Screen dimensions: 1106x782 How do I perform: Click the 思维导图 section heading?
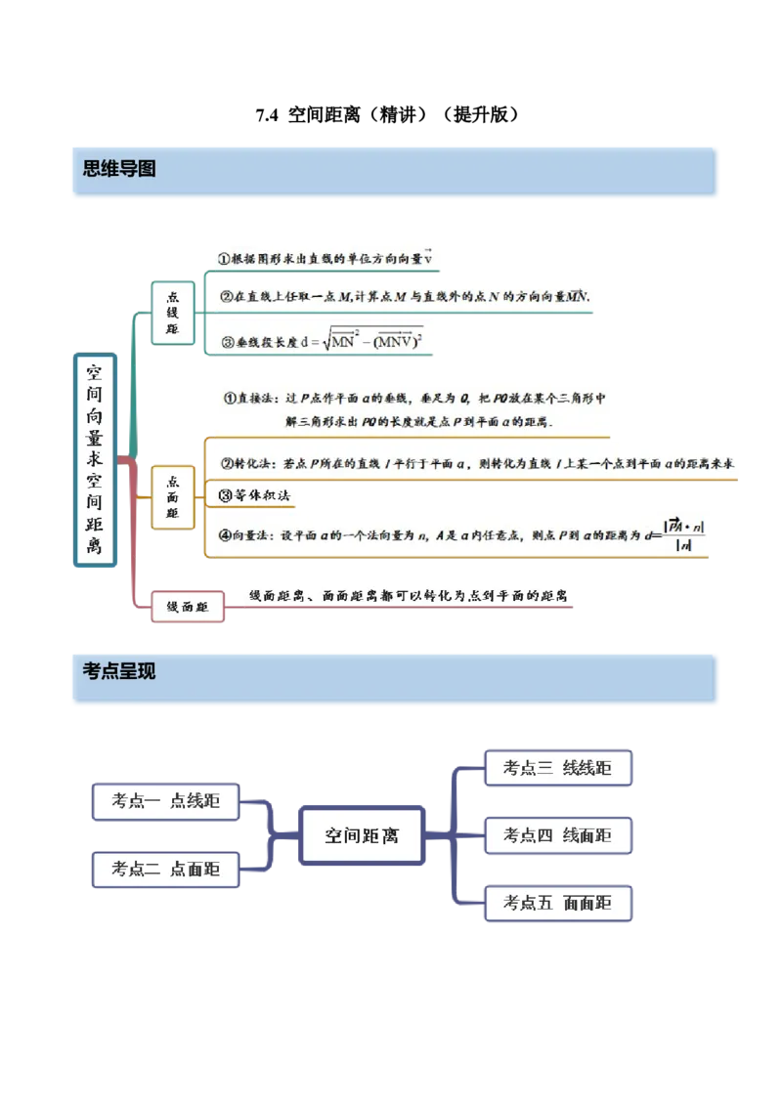pyautogui.click(x=118, y=169)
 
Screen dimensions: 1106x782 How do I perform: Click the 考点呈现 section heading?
pyautogui.click(x=118, y=671)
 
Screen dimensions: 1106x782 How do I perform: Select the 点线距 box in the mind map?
pyautogui.click(x=173, y=313)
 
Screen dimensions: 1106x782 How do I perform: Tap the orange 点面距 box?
pyautogui.click(x=173, y=497)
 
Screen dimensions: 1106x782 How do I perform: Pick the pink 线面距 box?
pyautogui.click(x=188, y=607)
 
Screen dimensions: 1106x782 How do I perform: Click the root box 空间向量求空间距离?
pyautogui.click(x=94, y=459)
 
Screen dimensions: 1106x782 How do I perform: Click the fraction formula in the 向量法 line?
pyautogui.click(x=683, y=535)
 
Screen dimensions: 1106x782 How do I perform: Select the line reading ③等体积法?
pyautogui.click(x=257, y=495)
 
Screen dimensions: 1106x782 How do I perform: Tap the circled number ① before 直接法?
pyautogui.click(x=232, y=398)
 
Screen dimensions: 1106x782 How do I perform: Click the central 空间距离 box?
pyautogui.click(x=361, y=835)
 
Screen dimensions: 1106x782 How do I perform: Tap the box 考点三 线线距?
pyautogui.click(x=557, y=768)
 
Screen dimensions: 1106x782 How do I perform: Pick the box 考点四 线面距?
pyautogui.click(x=557, y=835)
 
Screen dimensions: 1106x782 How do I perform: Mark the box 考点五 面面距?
pyautogui.click(x=557, y=903)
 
